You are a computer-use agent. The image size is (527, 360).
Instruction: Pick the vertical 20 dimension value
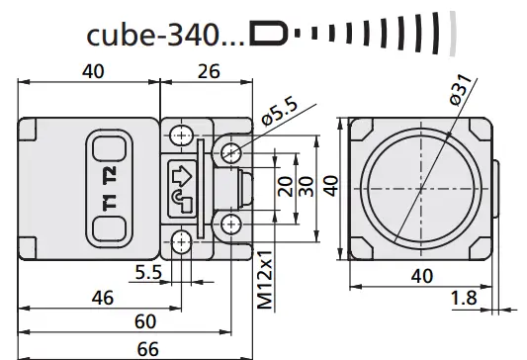(x=284, y=187)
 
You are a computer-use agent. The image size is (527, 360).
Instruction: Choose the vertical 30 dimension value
(x=306, y=187)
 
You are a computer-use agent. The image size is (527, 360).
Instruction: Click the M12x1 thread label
(x=264, y=280)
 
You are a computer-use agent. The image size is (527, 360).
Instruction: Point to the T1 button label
(x=108, y=205)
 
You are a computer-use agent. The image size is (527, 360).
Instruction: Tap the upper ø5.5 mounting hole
(x=230, y=149)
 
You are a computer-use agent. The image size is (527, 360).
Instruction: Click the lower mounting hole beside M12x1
(x=230, y=224)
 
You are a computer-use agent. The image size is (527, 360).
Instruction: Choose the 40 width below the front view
(x=420, y=276)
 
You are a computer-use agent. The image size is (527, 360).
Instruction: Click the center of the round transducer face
(x=420, y=186)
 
